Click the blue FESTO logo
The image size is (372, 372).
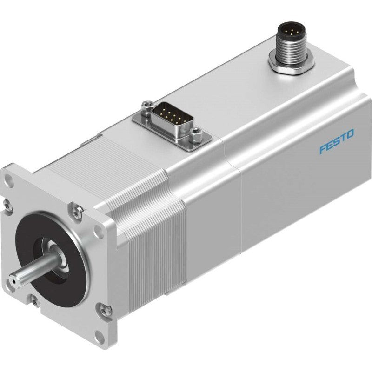click(336, 141)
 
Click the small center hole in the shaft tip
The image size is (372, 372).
click(12, 281)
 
